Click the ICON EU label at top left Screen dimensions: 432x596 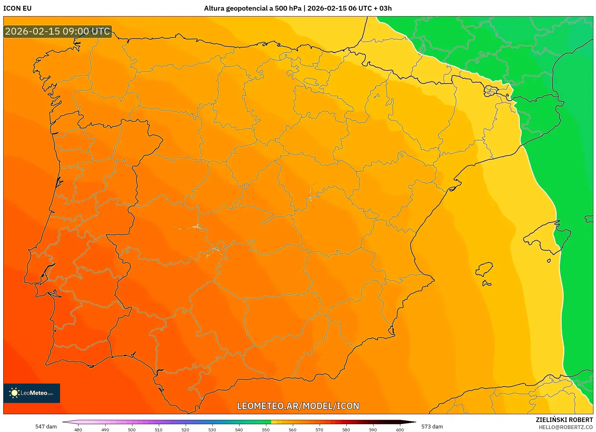click(17, 8)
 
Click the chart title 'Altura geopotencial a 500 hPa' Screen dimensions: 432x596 click(252, 8)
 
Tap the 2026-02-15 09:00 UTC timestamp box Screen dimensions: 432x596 click(58, 32)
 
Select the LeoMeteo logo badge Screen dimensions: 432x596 click(32, 393)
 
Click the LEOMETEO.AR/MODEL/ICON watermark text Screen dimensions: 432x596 click(298, 406)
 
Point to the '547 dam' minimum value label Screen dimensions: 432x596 click(46, 427)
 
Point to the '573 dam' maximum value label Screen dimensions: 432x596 click(432, 427)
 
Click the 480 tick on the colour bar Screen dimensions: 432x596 click(78, 430)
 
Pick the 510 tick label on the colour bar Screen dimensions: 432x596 click(159, 430)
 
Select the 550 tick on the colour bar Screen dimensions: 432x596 click(266, 430)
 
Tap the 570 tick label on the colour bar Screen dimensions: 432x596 click(319, 430)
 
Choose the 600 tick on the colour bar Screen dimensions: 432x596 click(400, 430)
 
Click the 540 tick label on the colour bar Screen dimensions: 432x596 click(239, 430)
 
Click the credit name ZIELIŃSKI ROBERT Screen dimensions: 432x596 click(564, 420)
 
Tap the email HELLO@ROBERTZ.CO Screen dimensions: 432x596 click(566, 427)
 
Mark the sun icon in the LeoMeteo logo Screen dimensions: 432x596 click(15, 393)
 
